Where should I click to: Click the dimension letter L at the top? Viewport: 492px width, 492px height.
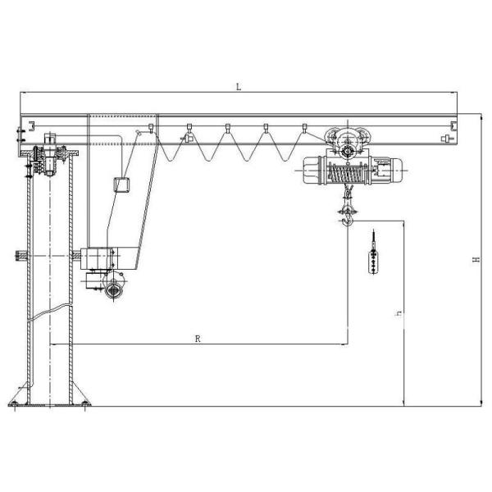238,86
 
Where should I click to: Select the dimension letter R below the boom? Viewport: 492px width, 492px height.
198,338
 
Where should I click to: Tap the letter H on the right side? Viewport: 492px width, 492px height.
475,260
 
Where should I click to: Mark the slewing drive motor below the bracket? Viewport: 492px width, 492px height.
112,288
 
